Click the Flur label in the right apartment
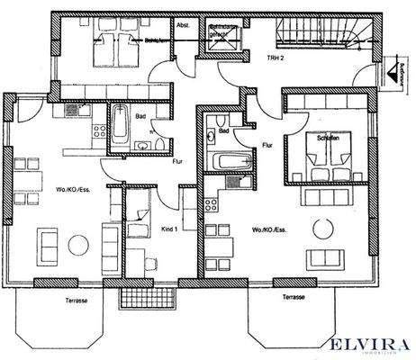(267, 143)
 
